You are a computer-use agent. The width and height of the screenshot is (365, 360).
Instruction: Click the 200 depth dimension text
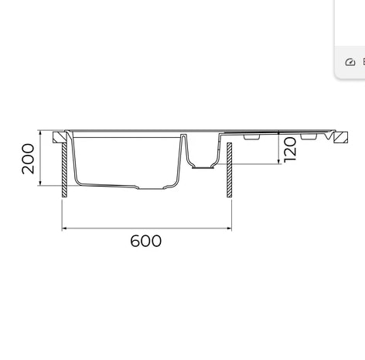[x=29, y=159]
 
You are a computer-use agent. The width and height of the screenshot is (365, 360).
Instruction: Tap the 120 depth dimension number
[x=290, y=148]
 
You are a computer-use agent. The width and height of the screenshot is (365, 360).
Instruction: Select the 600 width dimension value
[x=145, y=241]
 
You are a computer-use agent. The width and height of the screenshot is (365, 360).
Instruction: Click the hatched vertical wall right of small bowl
[x=229, y=170]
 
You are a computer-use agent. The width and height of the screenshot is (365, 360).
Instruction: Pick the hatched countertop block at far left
[x=58, y=137]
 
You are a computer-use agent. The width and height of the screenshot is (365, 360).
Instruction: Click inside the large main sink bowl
[x=128, y=159]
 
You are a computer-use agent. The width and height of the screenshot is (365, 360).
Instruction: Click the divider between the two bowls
[x=185, y=147]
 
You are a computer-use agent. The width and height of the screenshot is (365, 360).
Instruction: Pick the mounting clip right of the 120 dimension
[x=308, y=137]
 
